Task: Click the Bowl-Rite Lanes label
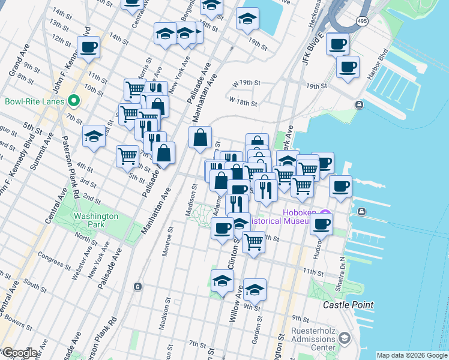coord(34,101)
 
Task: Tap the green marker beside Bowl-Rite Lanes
coord(74,101)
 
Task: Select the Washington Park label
coord(91,220)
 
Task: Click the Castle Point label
coord(348,305)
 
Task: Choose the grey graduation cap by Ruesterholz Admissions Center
coord(344,338)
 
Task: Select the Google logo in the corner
coord(19,353)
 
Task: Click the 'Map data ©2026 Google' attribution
coord(411,355)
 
